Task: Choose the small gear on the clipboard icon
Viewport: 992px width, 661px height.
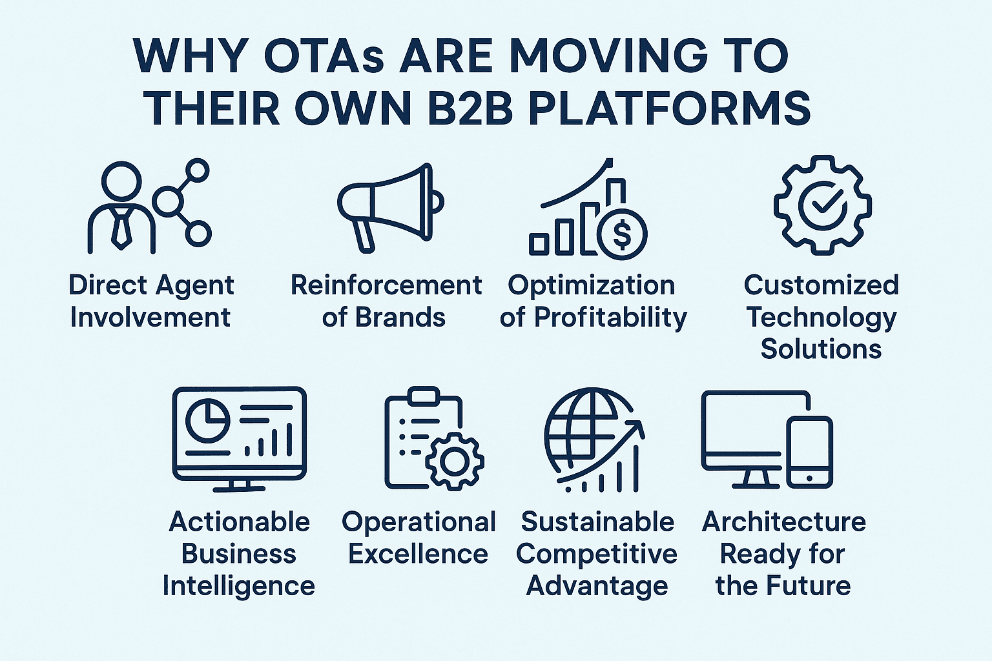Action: click(455, 462)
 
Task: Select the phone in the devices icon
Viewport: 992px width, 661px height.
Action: click(809, 452)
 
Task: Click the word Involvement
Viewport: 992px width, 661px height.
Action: click(150, 317)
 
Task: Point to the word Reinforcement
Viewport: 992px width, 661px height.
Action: click(386, 285)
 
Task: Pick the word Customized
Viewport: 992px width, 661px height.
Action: click(821, 285)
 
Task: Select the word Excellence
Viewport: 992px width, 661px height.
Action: click(418, 554)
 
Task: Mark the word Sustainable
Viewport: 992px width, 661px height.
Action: click(597, 522)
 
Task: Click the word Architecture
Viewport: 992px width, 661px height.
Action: click(784, 522)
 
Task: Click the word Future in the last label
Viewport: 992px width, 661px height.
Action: click(807, 585)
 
